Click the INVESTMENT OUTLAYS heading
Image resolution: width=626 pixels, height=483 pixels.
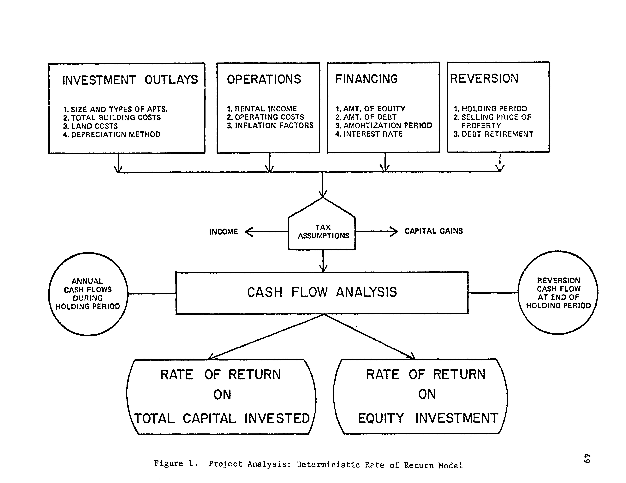coord(130,80)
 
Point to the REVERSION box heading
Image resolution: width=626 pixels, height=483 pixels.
coord(484,78)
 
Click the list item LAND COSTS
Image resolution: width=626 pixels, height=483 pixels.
coord(91,126)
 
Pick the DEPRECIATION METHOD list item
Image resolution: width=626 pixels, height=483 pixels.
coord(112,134)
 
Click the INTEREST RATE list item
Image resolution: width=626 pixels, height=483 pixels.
coord(369,134)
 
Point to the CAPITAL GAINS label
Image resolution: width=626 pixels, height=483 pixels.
coord(433,231)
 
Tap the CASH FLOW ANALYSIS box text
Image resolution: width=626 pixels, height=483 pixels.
coord(322,292)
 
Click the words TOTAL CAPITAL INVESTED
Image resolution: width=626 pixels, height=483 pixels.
coord(222,419)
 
